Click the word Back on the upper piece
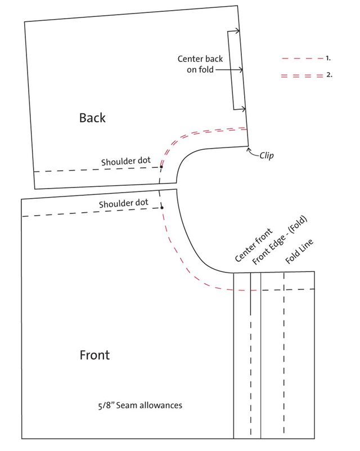(x=92, y=118)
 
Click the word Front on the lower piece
(x=94, y=355)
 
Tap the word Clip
(x=266, y=156)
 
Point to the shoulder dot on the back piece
(x=161, y=167)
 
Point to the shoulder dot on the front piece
(x=162, y=208)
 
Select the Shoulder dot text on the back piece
(x=126, y=161)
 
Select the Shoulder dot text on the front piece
(x=124, y=203)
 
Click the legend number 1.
(x=328, y=58)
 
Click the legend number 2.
(x=329, y=75)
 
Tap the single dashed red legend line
(x=302, y=59)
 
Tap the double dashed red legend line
(x=302, y=76)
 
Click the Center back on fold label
(x=200, y=64)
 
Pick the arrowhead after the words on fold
(x=241, y=70)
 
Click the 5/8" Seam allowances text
(x=140, y=405)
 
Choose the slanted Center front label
(x=253, y=245)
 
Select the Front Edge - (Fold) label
(x=280, y=240)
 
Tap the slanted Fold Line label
(x=299, y=251)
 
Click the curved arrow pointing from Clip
(x=253, y=153)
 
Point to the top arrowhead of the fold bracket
(x=237, y=31)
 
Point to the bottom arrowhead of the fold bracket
(x=244, y=109)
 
